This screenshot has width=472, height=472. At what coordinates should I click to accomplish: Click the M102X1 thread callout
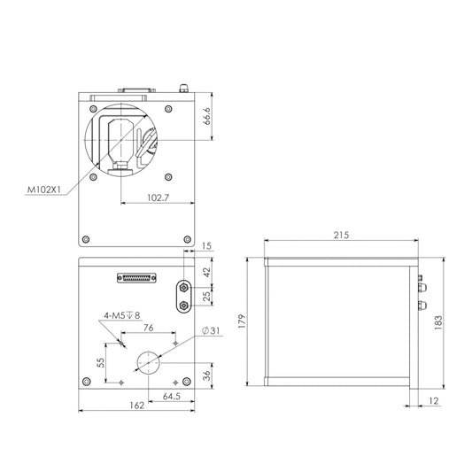click(x=43, y=189)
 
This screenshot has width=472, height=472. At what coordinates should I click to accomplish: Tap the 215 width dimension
click(x=341, y=236)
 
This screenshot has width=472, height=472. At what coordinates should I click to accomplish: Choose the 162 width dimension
click(x=135, y=406)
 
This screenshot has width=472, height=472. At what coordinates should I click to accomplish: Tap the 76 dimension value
click(x=148, y=328)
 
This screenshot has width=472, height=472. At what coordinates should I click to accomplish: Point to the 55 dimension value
click(x=101, y=361)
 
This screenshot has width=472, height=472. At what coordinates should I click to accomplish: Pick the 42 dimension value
click(x=207, y=272)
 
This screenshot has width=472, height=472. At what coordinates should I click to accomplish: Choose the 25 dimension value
click(x=207, y=296)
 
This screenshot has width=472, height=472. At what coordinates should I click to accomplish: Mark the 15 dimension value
click(x=207, y=246)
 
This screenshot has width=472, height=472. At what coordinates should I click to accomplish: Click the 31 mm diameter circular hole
click(x=149, y=361)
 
